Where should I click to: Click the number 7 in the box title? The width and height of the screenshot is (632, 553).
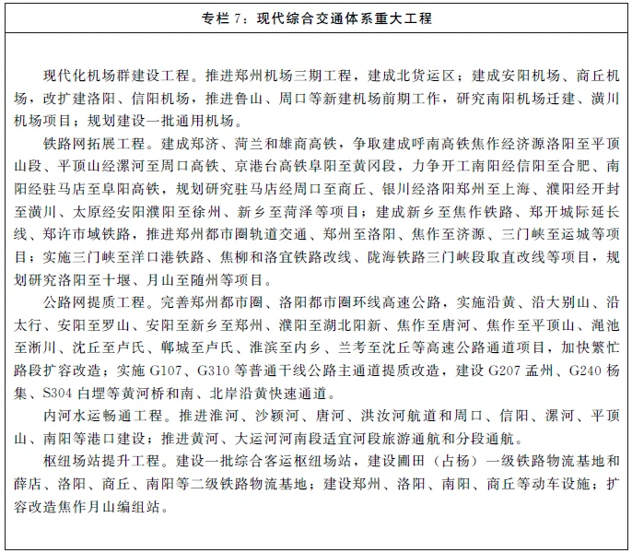coord(252,18)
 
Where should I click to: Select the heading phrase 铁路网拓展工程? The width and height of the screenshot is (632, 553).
coord(91,144)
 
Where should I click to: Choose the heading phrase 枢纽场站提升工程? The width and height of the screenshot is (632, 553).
coord(99,459)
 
